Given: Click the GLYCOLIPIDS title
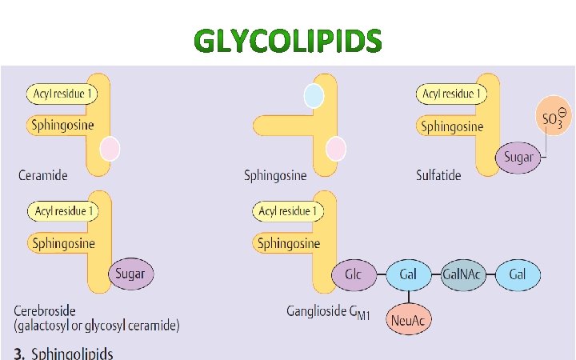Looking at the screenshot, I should coord(288,41).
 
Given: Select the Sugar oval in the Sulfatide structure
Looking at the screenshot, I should coord(518,157).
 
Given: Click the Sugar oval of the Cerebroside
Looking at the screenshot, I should coord(130,274).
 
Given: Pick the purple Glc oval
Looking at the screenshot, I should coord(353,274).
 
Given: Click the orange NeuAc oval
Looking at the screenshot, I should coord(408,320).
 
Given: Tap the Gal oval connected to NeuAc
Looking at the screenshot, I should coord(408,274).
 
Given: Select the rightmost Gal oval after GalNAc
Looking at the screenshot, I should coord(518,274).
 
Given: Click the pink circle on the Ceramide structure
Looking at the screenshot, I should coord(110,149).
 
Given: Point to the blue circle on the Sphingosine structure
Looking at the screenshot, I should coord(314,96).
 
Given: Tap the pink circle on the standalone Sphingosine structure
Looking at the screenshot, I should coord(336,149).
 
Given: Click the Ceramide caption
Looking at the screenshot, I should coord(41,174).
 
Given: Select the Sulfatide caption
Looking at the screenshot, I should coord(438,174).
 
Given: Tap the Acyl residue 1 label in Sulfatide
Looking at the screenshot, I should coord(452,94).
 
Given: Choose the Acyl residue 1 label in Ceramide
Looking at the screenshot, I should coord(62,94).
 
